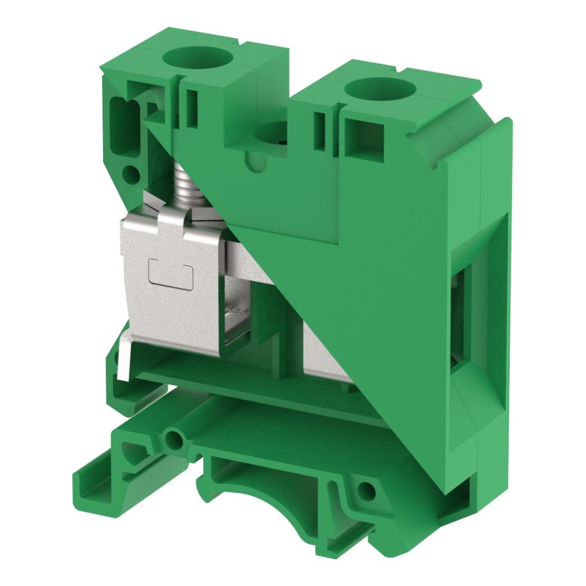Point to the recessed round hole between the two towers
click(275, 136)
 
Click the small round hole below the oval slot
click(131, 173)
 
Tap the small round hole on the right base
click(367, 489)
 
